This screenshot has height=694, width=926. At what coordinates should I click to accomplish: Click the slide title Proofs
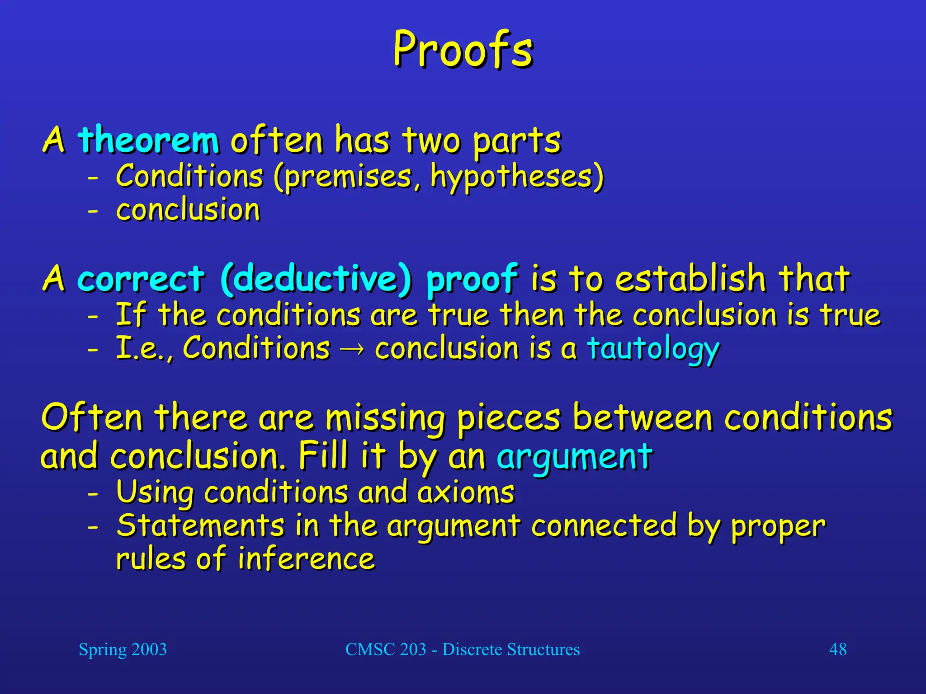pyautogui.click(x=463, y=50)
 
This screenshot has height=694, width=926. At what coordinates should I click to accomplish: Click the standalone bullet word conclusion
pyautogui.click(x=188, y=211)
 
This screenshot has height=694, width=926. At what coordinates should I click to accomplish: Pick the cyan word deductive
pyautogui.click(x=317, y=279)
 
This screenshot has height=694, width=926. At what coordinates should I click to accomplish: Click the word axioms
pyautogui.click(x=466, y=492)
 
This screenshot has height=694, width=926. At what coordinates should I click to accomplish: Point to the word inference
pyautogui.click(x=306, y=559)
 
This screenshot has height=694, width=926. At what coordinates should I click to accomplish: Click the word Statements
pyautogui.click(x=200, y=526)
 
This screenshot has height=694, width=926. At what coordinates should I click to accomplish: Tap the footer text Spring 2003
pyautogui.click(x=123, y=650)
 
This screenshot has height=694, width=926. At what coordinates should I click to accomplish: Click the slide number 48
pyautogui.click(x=837, y=650)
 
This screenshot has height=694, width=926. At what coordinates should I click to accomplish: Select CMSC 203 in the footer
pyautogui.click(x=386, y=650)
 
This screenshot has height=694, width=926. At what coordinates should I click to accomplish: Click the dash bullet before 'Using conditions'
pyautogui.click(x=93, y=494)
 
